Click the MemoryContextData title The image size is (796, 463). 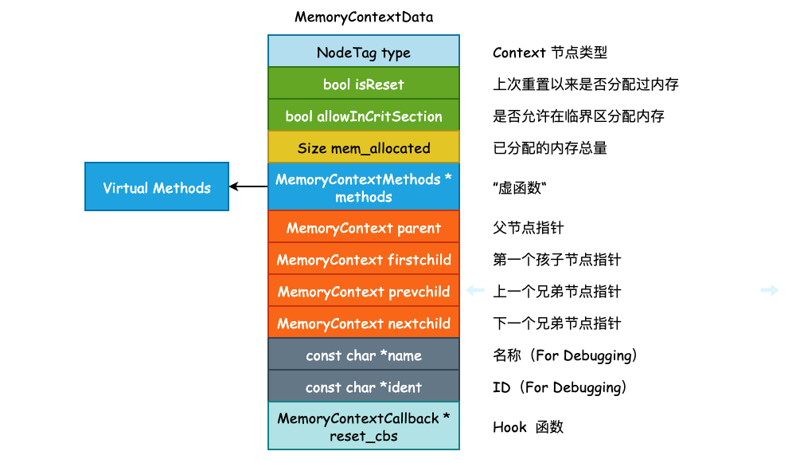pos(364,17)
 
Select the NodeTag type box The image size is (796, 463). pos(364,53)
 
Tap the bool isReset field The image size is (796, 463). pos(364,84)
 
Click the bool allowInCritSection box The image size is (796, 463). pos(364,116)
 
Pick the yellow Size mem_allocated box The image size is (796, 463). pos(364,148)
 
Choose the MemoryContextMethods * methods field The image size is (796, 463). pos(364,188)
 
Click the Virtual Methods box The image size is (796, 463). pos(157,188)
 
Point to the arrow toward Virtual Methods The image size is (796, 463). pos(248,187)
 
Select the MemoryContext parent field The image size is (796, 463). pos(364,228)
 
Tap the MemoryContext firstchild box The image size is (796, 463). pos(364,260)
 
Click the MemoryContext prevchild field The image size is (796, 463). pos(364,292)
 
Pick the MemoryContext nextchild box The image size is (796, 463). pos(364,324)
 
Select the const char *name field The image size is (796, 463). pos(364,355)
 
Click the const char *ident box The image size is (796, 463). pos(364,387)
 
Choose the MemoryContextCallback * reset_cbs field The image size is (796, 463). pos(364,427)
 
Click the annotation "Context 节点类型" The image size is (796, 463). pos(550,53)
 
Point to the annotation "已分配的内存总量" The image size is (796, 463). pos(550,148)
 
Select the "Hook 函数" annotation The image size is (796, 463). pos(528,427)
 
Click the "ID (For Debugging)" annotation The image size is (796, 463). pos(560,387)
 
